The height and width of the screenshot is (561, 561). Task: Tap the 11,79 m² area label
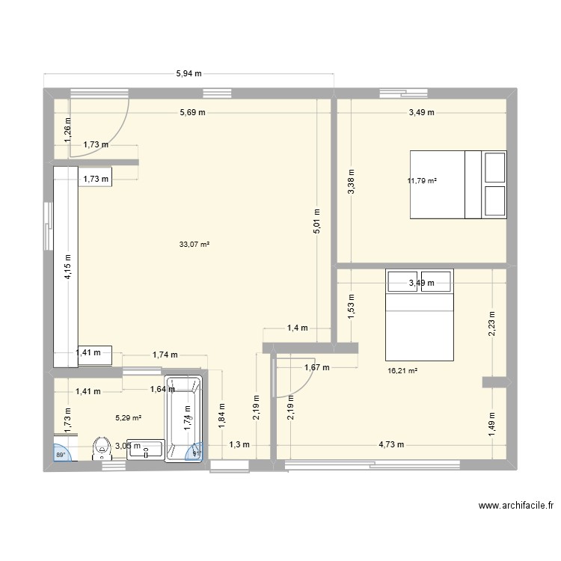pyautogui.click(x=422, y=180)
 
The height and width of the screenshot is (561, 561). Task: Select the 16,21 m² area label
pyautogui.click(x=402, y=370)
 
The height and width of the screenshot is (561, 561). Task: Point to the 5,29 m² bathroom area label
pyautogui.click(x=128, y=418)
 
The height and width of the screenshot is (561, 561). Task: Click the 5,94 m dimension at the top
pyautogui.click(x=190, y=74)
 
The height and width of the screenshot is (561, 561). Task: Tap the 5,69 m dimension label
pyautogui.click(x=192, y=112)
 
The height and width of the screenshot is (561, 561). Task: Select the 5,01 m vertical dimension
pyautogui.click(x=316, y=221)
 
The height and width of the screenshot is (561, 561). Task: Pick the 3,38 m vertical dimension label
pyautogui.click(x=352, y=181)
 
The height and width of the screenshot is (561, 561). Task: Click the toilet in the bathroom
pyautogui.click(x=99, y=448)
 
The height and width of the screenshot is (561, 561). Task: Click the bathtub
pyautogui.click(x=186, y=417)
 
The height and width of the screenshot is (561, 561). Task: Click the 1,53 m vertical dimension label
pyautogui.click(x=352, y=307)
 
